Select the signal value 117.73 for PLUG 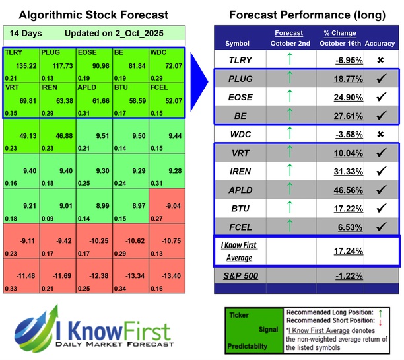[x=57, y=65]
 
